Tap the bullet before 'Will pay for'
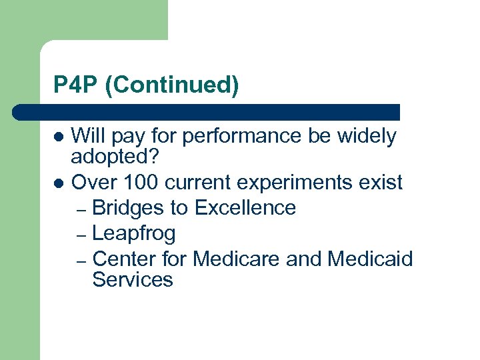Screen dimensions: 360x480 [59, 137]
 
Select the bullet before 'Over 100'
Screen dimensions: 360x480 [59, 182]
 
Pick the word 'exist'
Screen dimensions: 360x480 [382, 182]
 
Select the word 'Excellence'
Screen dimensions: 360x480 [245, 208]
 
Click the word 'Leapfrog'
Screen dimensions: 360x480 [134, 233]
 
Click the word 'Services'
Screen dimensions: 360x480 [133, 279]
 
